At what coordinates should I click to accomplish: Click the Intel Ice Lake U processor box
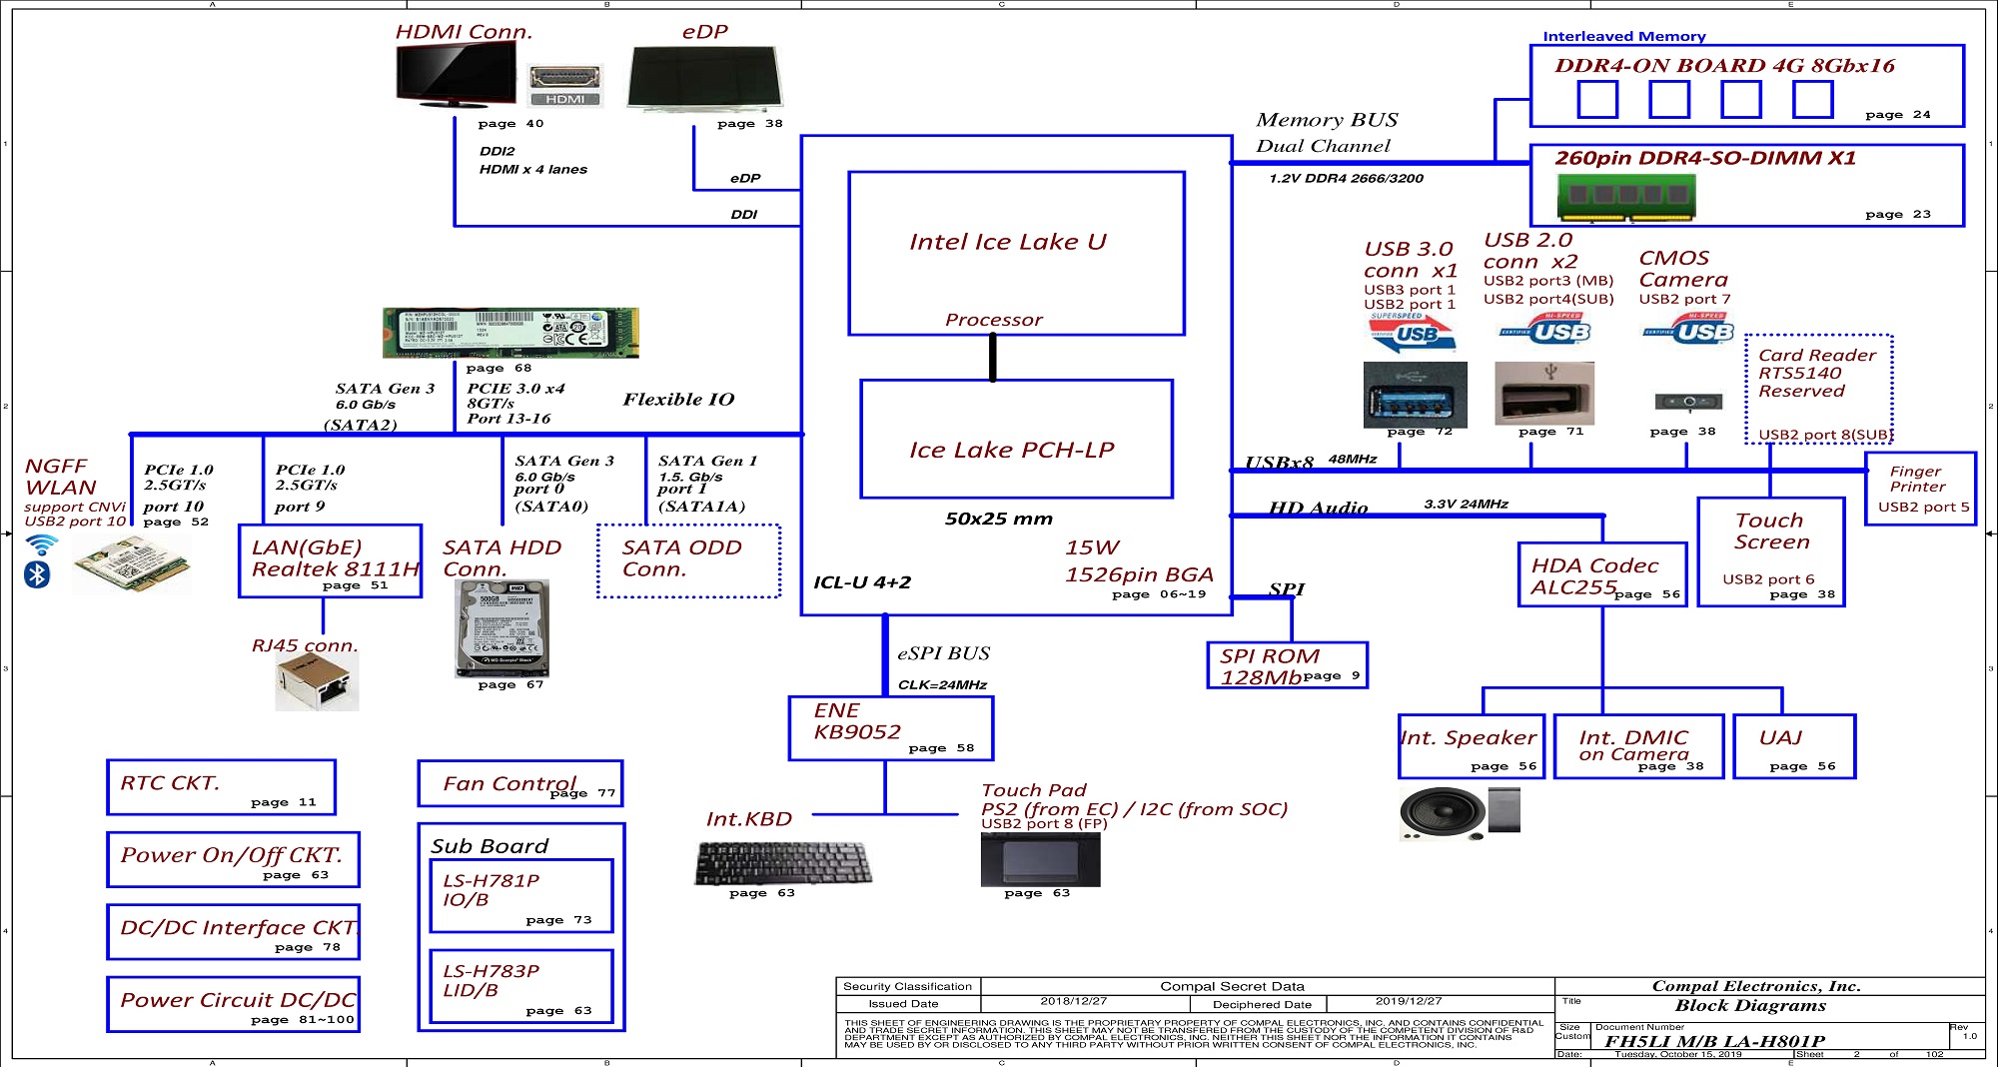1016,253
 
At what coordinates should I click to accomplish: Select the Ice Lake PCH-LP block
1016,439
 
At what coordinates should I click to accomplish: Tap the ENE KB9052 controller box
890,727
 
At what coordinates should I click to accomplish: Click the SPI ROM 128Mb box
1287,665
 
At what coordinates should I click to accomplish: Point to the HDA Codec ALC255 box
1602,574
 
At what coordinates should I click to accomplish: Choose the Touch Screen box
1770,551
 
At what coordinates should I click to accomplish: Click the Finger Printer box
1920,488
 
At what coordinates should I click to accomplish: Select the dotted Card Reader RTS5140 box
1818,389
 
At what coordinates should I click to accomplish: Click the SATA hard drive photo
501,628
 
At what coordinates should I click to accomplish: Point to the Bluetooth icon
37,574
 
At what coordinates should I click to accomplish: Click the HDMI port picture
564,84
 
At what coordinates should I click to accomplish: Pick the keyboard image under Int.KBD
782,862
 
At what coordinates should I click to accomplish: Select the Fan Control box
519,783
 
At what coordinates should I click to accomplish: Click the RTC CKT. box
221,786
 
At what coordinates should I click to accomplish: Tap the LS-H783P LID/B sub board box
520,986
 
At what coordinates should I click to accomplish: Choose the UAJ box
1793,745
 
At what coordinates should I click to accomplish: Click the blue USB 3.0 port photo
1415,397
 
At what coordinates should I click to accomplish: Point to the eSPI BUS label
943,653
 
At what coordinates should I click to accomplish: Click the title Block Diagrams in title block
1750,1006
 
